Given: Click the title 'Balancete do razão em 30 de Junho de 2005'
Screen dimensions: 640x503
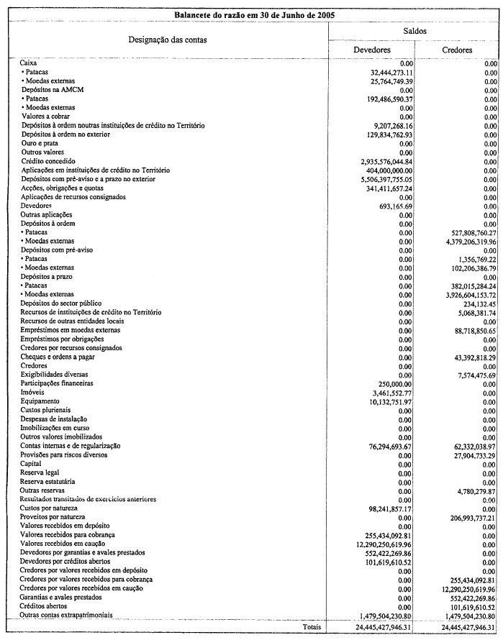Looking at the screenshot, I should tap(251, 14).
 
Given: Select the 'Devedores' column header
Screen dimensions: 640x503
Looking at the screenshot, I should tap(372, 50).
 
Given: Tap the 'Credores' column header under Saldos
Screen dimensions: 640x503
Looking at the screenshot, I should tap(457, 50).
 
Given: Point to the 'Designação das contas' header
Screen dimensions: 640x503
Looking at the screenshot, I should tap(168, 40).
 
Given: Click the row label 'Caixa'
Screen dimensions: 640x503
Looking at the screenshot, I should tap(29, 64).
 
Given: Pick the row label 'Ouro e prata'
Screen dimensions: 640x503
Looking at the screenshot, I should tap(42, 143).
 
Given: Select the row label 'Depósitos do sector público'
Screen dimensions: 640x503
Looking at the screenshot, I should tap(66, 303).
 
